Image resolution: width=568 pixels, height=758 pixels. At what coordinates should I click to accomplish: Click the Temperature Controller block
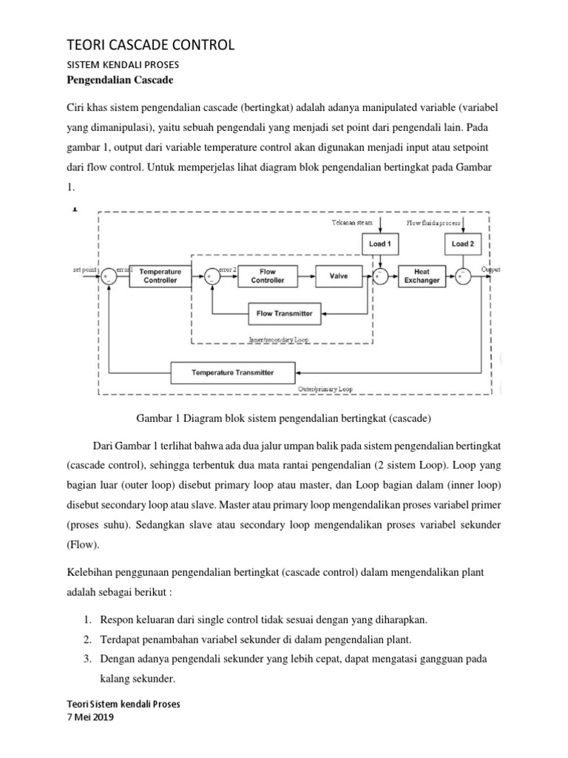pyautogui.click(x=160, y=276)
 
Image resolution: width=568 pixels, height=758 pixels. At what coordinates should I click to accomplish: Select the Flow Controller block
pyautogui.click(x=268, y=276)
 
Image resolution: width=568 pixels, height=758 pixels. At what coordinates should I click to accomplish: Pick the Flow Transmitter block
pyautogui.click(x=284, y=313)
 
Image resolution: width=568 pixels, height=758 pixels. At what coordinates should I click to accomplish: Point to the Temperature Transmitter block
pyautogui.click(x=233, y=372)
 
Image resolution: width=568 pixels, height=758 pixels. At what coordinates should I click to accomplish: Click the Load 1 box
pyautogui.click(x=380, y=244)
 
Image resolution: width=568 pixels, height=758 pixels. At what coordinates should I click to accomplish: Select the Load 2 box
pyautogui.click(x=463, y=244)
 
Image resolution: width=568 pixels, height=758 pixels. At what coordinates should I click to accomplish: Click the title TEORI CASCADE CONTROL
pyautogui.click(x=150, y=46)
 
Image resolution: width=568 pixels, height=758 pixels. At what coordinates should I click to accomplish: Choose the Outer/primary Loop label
pyautogui.click(x=325, y=388)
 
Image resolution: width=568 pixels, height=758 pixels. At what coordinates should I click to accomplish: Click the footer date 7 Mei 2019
pyautogui.click(x=90, y=717)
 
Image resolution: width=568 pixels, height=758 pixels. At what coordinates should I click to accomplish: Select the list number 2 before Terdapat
pyautogui.click(x=87, y=639)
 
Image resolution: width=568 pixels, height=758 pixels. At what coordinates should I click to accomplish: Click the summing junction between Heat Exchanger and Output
pyautogui.click(x=463, y=277)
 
